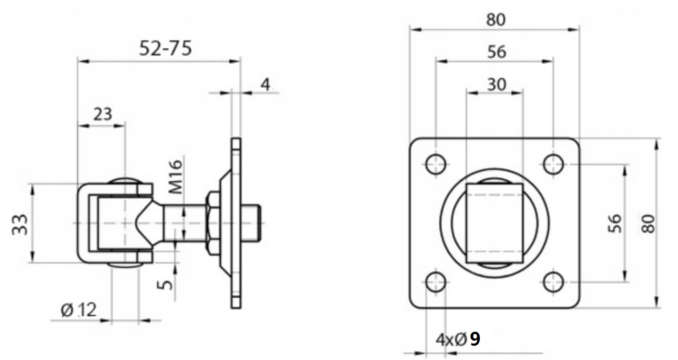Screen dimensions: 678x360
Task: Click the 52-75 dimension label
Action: [165, 48]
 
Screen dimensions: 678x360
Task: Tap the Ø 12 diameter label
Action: [79, 310]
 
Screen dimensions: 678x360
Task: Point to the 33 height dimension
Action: [20, 225]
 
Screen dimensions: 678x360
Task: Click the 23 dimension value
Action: [103, 114]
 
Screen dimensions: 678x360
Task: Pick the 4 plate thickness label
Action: [265, 84]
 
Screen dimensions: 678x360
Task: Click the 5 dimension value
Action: [166, 284]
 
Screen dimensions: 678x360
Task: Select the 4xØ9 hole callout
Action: [458, 339]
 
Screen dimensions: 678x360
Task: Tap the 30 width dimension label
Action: [497, 84]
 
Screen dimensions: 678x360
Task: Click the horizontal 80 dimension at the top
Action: [496, 20]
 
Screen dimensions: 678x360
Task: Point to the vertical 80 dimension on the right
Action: [649, 224]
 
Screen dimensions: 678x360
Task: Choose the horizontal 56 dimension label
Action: [497, 52]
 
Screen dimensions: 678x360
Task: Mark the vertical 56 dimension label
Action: [615, 224]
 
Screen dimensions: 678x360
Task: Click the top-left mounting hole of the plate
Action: [436, 164]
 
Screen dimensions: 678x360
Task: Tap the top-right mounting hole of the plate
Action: [553, 164]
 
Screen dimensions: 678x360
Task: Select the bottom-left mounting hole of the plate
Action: [436, 282]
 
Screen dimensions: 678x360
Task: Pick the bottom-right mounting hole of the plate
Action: [553, 282]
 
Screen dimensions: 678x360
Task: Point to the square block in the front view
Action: [494, 223]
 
